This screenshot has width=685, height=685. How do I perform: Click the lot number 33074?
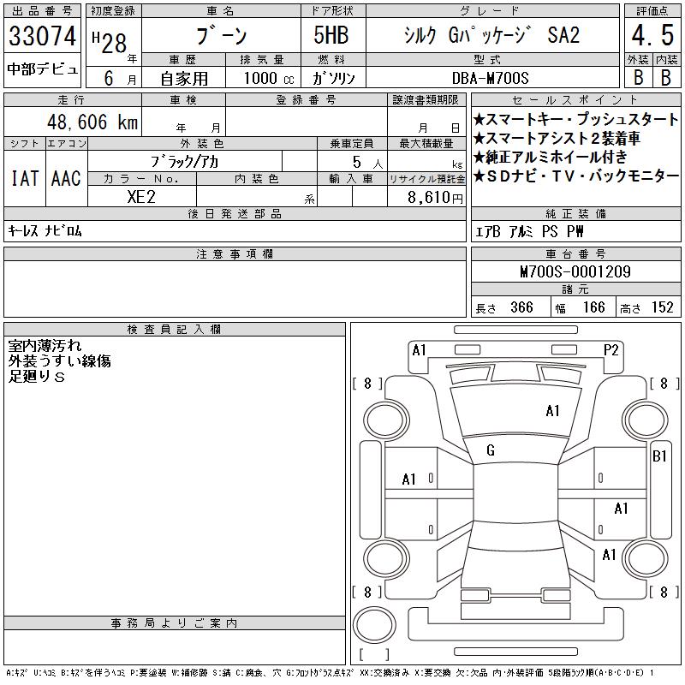[42, 36]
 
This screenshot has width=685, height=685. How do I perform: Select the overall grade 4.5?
[652, 35]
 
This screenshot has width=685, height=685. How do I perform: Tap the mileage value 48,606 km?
[92, 122]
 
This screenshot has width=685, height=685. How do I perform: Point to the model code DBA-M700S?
[490, 78]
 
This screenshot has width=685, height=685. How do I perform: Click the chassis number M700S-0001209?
[575, 271]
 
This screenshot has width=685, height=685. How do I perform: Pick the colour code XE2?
[141, 197]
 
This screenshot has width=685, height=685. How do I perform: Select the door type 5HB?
[331, 35]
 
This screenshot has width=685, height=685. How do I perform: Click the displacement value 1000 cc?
[269, 78]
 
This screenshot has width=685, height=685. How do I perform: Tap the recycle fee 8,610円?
[435, 198]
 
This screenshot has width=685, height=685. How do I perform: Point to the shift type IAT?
[25, 178]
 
